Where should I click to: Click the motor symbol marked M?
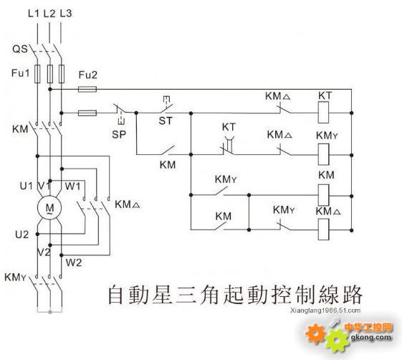pyautogui.click(x=49, y=207)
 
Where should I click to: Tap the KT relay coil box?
pyautogui.click(x=323, y=113)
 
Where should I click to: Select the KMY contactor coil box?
pyautogui.click(x=323, y=154)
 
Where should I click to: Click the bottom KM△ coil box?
pyautogui.click(x=323, y=229)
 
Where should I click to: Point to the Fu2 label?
pyautogui.click(x=87, y=75)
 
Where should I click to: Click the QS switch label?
pyautogui.click(x=20, y=49)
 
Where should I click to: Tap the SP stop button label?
pyautogui.click(x=119, y=134)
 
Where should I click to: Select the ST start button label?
pyautogui.click(x=166, y=120)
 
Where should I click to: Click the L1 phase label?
pyautogui.click(x=34, y=14)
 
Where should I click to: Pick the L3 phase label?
pyautogui.click(x=66, y=14)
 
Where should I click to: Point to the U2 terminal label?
pyautogui.click(x=21, y=235)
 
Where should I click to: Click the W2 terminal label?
pyautogui.click(x=74, y=262)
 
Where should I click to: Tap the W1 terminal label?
pyautogui.click(x=72, y=186)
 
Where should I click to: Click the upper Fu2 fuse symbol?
pyautogui.click(x=87, y=89)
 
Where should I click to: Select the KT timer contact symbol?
pyautogui.click(x=228, y=148)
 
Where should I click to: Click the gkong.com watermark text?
pyautogui.click(x=371, y=337)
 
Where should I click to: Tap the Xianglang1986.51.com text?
pyautogui.click(x=325, y=311)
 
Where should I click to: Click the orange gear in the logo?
pyautogui.click(x=315, y=333)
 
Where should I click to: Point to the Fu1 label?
pyautogui.click(x=21, y=73)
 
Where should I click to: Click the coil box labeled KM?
pyautogui.click(x=323, y=195)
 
